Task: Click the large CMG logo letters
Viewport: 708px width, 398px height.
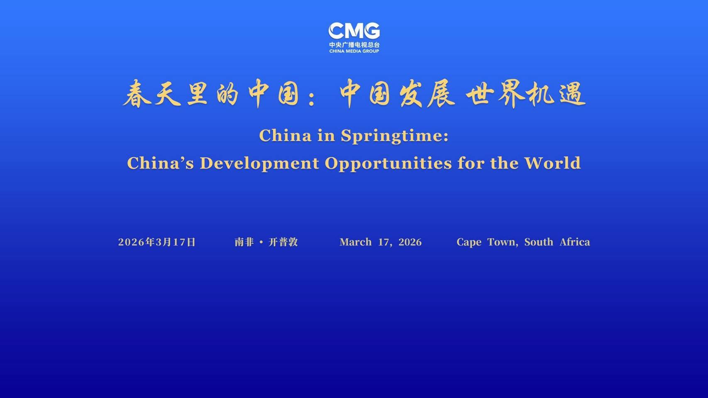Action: [354, 31]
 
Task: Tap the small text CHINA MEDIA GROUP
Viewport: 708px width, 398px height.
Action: [354, 51]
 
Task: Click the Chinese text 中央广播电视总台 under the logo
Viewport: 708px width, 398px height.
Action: [354, 45]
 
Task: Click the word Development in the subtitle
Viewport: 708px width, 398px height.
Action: [259, 163]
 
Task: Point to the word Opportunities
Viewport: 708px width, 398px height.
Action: [388, 164]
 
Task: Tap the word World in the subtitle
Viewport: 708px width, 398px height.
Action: [552, 163]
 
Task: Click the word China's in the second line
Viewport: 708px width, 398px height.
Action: [160, 163]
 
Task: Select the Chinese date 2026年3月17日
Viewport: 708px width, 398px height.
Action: [157, 242]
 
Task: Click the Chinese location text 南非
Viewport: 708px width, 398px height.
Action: [244, 242]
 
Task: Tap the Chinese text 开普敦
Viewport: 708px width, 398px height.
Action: [283, 242]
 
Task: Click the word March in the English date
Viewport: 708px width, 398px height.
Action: [356, 242]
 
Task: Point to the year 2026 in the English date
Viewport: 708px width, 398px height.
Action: [410, 242]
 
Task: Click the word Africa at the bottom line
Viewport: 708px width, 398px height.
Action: [575, 242]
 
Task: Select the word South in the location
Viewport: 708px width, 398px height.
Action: [539, 242]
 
